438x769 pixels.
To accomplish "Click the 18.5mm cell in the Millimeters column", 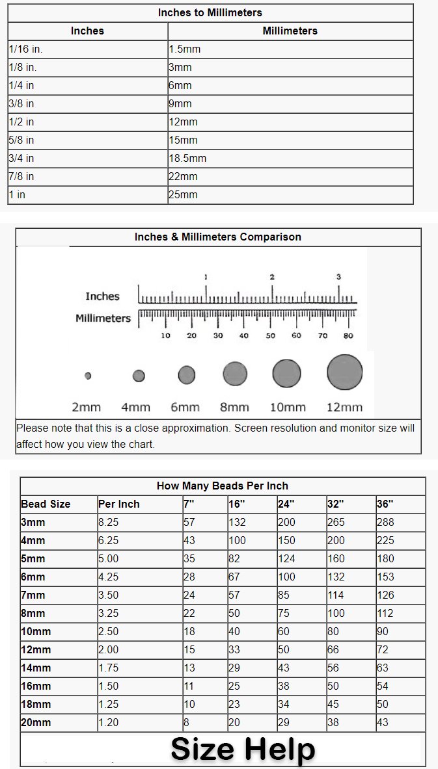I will pyautogui.click(x=187, y=158).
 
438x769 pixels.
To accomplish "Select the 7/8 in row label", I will pyautogui.click(x=21, y=176).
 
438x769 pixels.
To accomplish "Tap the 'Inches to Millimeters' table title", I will pyautogui.click(x=210, y=12).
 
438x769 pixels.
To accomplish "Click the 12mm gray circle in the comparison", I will pyautogui.click(x=344, y=372).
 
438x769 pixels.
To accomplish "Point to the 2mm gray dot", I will pyautogui.click(x=88, y=376).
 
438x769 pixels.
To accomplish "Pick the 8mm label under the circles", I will pyautogui.click(x=234, y=408).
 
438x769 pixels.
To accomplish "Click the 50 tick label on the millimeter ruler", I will pyautogui.click(x=270, y=335).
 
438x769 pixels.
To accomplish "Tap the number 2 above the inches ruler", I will pyautogui.click(x=272, y=277).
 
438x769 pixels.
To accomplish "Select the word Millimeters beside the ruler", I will pyautogui.click(x=103, y=318).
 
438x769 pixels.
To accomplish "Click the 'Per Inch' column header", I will pyautogui.click(x=119, y=504).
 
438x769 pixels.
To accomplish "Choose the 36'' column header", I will pyautogui.click(x=385, y=504).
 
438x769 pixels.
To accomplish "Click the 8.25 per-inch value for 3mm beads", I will pyautogui.click(x=109, y=522).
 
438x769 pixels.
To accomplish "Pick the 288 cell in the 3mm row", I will pyautogui.click(x=385, y=522).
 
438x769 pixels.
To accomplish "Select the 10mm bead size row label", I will pyautogui.click(x=36, y=631).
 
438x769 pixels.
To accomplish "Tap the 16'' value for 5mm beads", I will pyautogui.click(x=235, y=558).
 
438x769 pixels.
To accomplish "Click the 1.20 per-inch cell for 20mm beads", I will pyautogui.click(x=109, y=722).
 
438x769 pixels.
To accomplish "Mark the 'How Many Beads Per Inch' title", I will pyautogui.click(x=223, y=486).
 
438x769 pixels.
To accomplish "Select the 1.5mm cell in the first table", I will pyautogui.click(x=185, y=49).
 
